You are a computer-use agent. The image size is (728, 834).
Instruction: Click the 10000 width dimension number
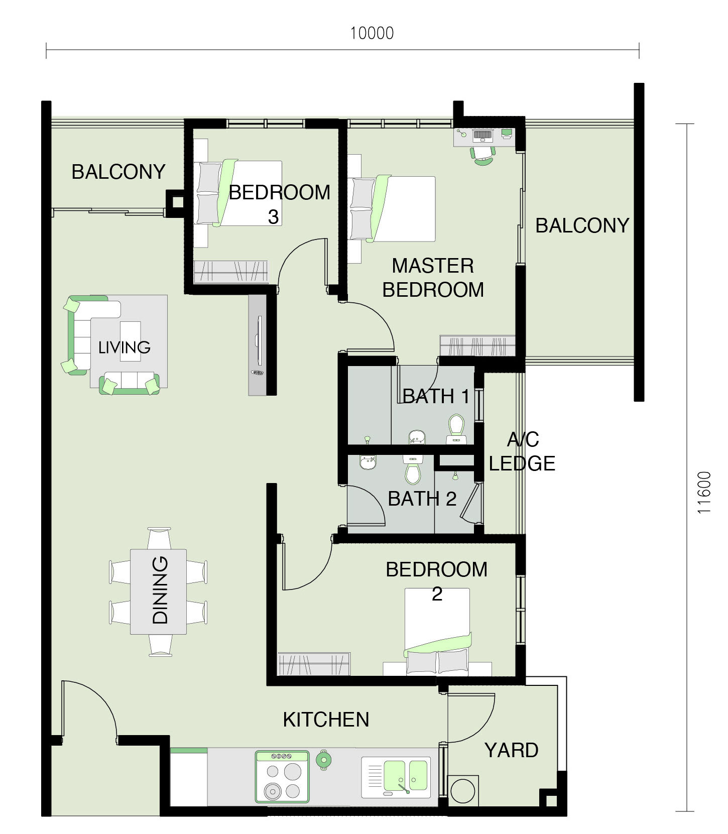tap(372, 33)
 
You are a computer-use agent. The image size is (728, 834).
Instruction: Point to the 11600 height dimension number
tap(704, 492)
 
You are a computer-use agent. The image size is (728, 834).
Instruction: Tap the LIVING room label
tap(124, 347)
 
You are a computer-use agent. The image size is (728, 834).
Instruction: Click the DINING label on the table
tap(160, 590)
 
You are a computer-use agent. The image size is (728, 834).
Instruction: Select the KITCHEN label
tap(326, 720)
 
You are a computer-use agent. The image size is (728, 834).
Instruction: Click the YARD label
tap(511, 750)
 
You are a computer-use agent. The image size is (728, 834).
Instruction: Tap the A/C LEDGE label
tap(522, 451)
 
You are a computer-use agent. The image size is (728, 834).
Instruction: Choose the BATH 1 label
tap(436, 396)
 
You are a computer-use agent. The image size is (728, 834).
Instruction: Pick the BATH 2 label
tap(422, 499)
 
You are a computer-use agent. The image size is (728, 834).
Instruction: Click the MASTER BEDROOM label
tap(433, 277)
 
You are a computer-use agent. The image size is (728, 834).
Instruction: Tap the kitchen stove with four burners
tap(282, 776)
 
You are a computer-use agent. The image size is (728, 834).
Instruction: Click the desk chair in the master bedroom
tap(483, 155)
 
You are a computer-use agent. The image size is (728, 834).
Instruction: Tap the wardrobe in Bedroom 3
tap(231, 272)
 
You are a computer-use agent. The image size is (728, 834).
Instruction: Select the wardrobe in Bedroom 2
tap(314, 664)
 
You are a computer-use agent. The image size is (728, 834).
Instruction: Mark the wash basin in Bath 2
tap(369, 462)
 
